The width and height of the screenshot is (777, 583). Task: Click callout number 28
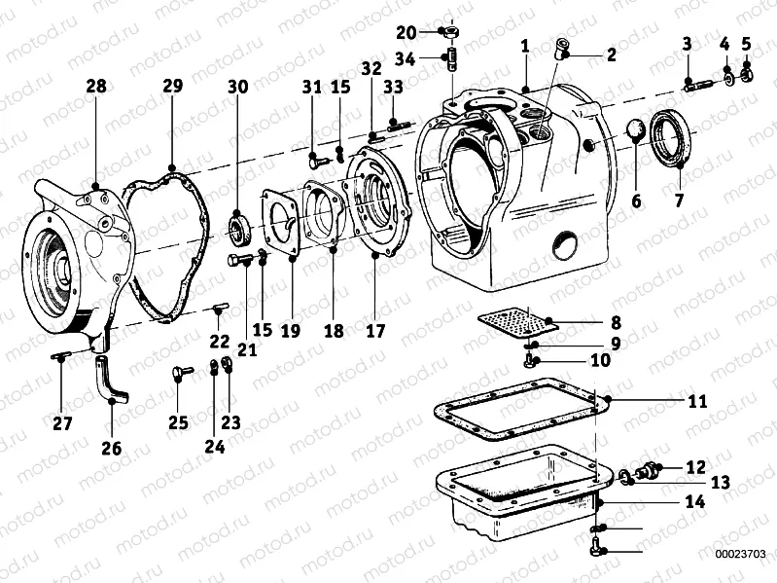point(95,87)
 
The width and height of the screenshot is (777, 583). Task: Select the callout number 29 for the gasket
point(171,87)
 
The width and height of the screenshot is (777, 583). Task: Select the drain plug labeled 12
point(646,473)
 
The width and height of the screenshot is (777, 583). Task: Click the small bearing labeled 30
point(238,232)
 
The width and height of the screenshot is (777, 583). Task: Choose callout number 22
point(220,341)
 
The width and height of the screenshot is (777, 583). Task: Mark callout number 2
point(611,55)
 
